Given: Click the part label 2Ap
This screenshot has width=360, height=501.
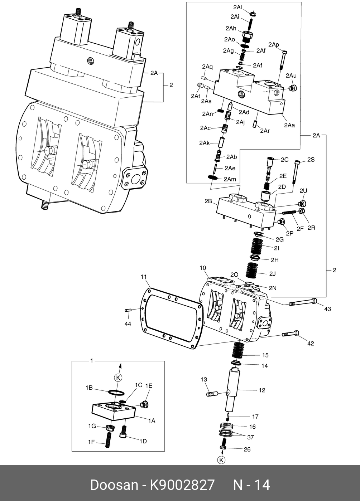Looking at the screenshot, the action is click(x=274, y=44).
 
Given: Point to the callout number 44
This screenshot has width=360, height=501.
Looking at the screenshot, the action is click(x=128, y=324).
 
